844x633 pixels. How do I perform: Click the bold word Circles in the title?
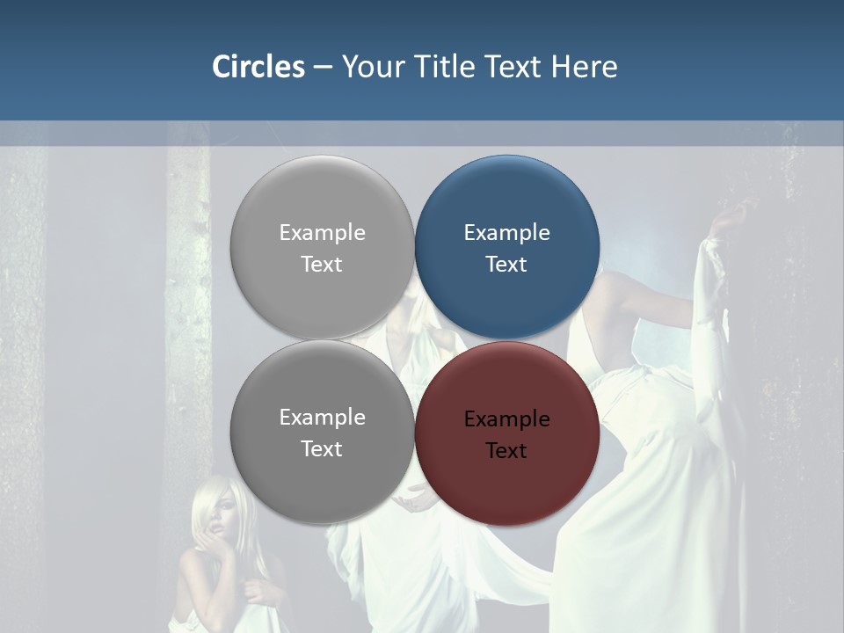(258, 67)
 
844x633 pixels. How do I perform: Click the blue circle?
(507, 246)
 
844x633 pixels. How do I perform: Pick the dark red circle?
(507, 433)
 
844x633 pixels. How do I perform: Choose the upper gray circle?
(322, 246)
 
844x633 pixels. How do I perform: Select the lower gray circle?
(322, 433)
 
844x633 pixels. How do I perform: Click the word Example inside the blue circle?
(506, 233)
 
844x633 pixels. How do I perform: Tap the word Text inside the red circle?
(506, 451)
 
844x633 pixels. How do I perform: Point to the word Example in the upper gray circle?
(322, 233)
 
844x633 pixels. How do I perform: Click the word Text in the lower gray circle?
(322, 449)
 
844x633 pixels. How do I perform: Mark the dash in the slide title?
(323, 68)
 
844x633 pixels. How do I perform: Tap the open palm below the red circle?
(413, 501)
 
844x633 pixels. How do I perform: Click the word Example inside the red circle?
(506, 419)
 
